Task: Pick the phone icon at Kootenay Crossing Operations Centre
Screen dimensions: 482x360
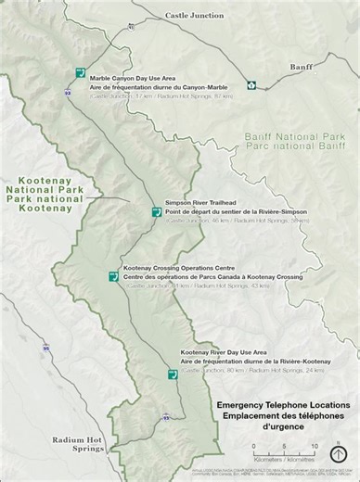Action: (x=113, y=275)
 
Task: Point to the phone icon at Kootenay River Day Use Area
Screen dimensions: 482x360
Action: (x=172, y=374)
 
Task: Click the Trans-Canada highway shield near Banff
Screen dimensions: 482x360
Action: (x=251, y=86)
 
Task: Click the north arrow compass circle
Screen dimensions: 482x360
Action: (x=341, y=453)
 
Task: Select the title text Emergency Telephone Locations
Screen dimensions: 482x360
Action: (x=283, y=406)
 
